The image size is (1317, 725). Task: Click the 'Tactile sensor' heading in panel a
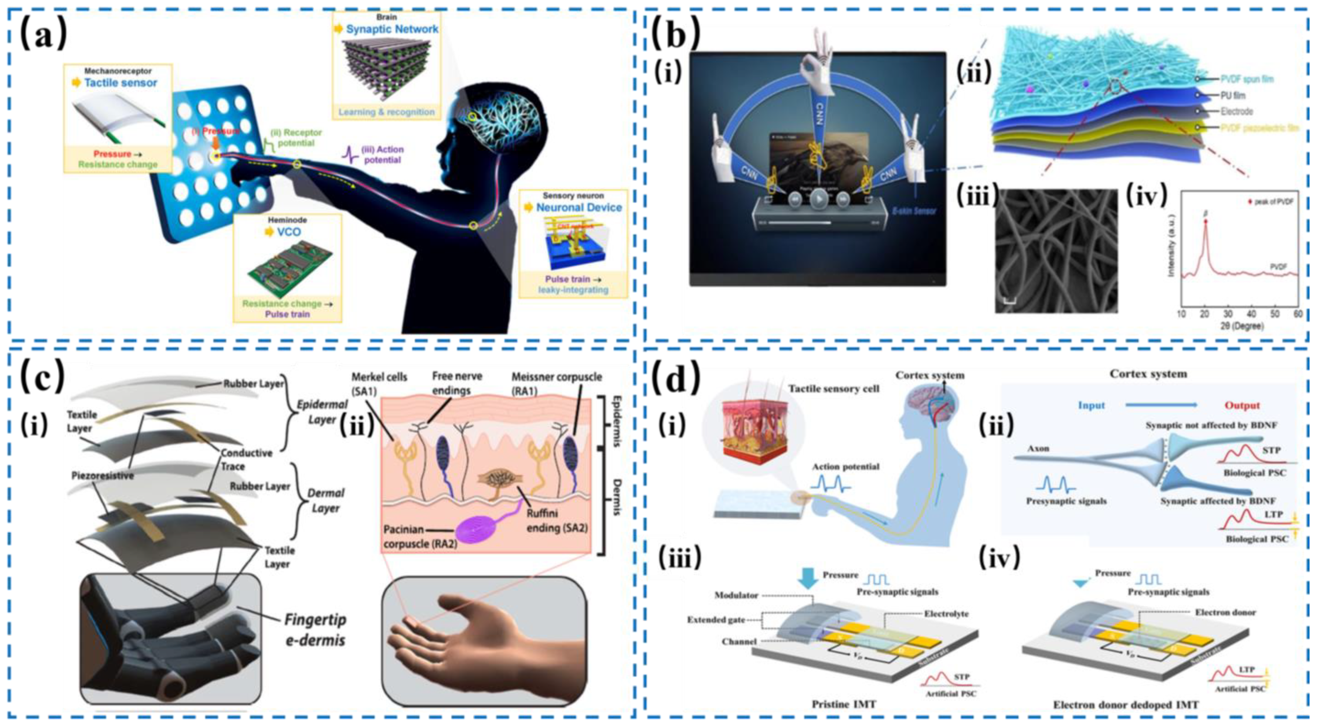coord(121,83)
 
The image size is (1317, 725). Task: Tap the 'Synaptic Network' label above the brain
coord(392,29)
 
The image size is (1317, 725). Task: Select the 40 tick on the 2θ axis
coord(1251,313)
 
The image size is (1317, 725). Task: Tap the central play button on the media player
coord(818,199)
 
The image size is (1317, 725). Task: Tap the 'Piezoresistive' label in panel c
coord(102,476)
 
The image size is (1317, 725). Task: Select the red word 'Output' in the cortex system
coord(1242,405)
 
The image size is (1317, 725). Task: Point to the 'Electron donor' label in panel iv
coord(1225,613)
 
